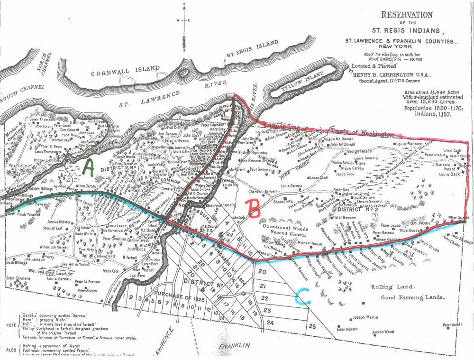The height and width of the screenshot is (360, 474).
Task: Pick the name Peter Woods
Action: (x=452, y=325)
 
